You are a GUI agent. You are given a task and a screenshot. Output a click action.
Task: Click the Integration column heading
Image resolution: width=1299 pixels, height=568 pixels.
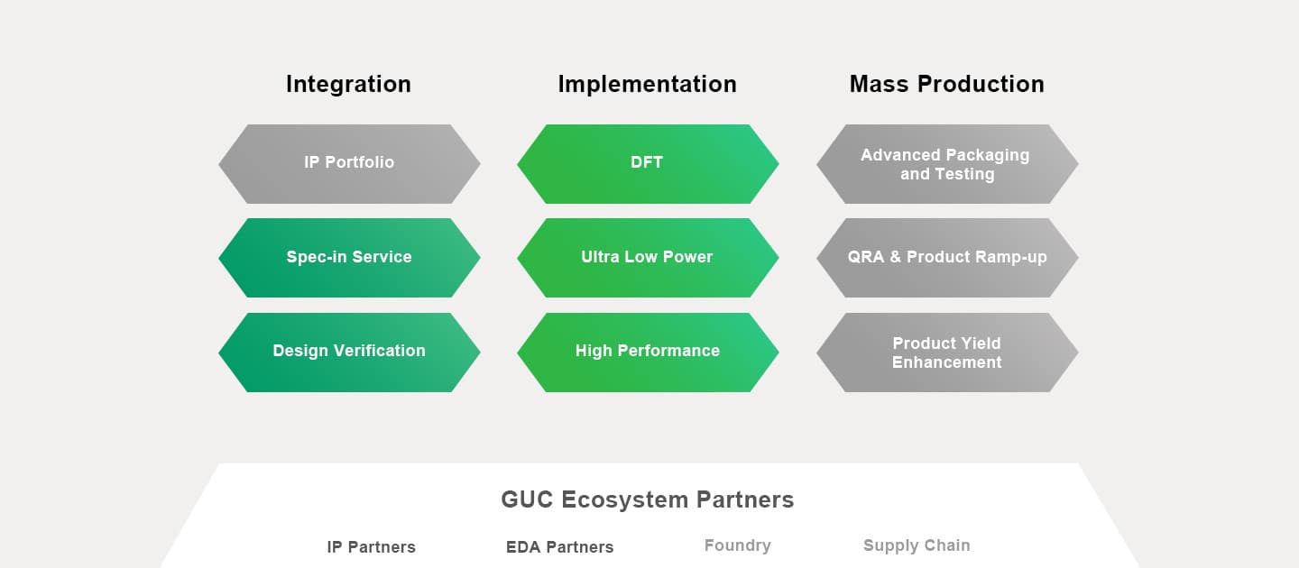click(348, 84)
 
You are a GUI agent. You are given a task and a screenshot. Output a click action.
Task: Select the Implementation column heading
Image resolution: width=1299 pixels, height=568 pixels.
click(647, 84)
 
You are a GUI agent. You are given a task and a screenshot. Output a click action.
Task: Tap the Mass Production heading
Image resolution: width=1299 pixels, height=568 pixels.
click(946, 84)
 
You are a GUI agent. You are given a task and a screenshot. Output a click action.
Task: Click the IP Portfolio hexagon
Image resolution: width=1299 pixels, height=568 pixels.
click(349, 163)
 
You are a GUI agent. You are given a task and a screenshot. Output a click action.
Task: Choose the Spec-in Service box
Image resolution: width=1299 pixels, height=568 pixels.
click(349, 257)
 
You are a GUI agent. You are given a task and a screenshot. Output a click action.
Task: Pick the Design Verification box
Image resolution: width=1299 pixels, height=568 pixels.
click(349, 352)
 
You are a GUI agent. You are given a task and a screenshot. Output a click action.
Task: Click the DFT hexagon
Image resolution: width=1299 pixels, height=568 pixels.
click(647, 163)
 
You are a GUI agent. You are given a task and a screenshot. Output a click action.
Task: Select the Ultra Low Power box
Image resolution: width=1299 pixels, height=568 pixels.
click(647, 257)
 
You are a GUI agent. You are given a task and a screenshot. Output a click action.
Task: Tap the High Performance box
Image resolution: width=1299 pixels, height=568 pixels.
click(647, 352)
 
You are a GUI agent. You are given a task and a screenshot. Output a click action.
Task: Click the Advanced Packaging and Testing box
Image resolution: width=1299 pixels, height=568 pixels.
click(946, 164)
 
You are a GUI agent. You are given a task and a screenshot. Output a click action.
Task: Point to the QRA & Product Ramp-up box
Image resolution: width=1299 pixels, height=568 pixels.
click(946, 257)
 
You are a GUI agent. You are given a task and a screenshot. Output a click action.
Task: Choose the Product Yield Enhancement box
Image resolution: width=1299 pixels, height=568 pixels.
click(946, 352)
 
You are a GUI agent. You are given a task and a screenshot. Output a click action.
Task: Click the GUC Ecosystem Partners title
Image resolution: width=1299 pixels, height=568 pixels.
click(647, 499)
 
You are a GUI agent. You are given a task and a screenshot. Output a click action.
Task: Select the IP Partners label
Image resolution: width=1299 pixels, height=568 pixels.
click(371, 547)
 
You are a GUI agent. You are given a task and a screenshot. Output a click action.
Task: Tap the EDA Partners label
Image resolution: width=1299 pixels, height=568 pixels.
click(559, 547)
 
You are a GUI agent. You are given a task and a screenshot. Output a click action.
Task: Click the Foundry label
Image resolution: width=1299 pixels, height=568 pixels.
click(737, 545)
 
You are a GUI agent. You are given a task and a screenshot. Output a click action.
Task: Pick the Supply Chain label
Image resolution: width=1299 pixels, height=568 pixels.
click(916, 545)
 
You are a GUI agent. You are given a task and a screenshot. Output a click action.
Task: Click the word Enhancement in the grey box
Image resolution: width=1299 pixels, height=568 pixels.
click(946, 362)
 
